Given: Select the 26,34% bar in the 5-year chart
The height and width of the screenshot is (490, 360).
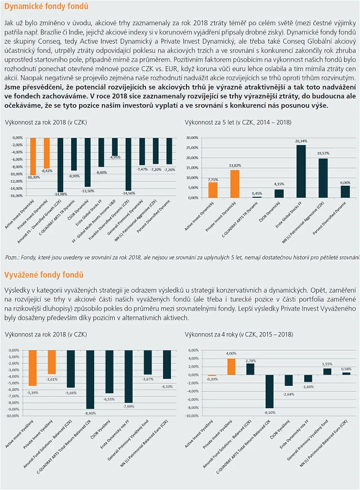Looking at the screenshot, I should [301, 171].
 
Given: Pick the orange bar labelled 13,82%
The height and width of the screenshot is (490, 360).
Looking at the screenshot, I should [235, 183].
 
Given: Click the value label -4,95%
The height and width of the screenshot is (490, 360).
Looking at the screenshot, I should [115, 157].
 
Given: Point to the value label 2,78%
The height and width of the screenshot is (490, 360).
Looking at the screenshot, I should [251, 360].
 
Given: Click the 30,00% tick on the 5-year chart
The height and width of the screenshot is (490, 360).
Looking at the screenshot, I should [192, 137].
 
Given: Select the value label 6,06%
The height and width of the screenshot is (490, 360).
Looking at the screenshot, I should [345, 183].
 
